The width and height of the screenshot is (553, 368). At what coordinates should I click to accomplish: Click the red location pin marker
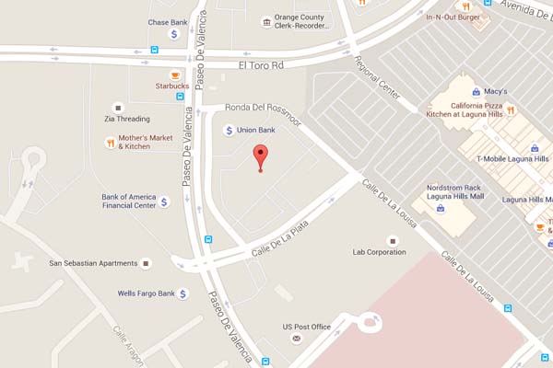pyautogui.click(x=261, y=156)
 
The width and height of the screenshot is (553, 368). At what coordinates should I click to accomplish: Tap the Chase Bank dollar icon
pyautogui.click(x=174, y=34)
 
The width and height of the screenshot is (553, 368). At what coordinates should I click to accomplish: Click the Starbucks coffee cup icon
pyautogui.click(x=175, y=75)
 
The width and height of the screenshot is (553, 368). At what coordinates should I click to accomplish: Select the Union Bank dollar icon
pyautogui.click(x=229, y=131)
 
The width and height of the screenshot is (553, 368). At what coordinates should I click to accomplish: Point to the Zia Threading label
pyautogui.click(x=127, y=119)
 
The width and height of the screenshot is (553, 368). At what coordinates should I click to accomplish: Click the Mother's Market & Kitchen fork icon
pyautogui.click(x=111, y=142)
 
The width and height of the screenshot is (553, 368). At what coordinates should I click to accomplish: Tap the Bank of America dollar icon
pyautogui.click(x=165, y=201)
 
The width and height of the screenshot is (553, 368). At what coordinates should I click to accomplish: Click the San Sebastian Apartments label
pyautogui.click(x=91, y=264)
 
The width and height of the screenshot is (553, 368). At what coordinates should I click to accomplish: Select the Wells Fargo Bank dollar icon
pyautogui.click(x=182, y=293)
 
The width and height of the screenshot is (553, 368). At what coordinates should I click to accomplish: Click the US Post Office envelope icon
pyautogui.click(x=297, y=339)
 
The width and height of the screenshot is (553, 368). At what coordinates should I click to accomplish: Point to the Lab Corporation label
pyautogui.click(x=380, y=251)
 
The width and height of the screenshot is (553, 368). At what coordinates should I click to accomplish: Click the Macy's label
pyautogui.click(x=496, y=92)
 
